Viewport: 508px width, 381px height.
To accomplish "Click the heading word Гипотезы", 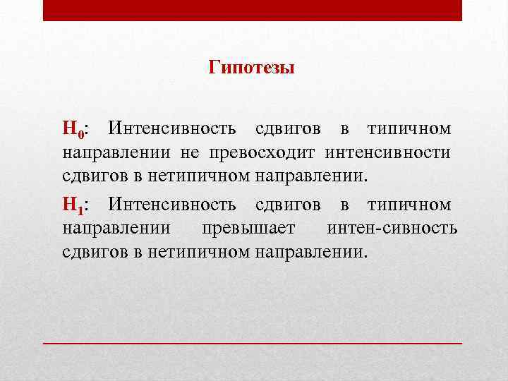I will pyautogui.click(x=252, y=68).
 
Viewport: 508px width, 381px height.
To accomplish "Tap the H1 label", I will pyautogui.click(x=73, y=206).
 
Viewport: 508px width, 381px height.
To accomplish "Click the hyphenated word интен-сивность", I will pyautogui.click(x=392, y=229).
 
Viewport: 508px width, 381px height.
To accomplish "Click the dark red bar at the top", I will pyautogui.click(x=253, y=10).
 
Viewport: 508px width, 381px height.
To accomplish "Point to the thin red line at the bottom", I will pyautogui.click(x=253, y=341).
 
